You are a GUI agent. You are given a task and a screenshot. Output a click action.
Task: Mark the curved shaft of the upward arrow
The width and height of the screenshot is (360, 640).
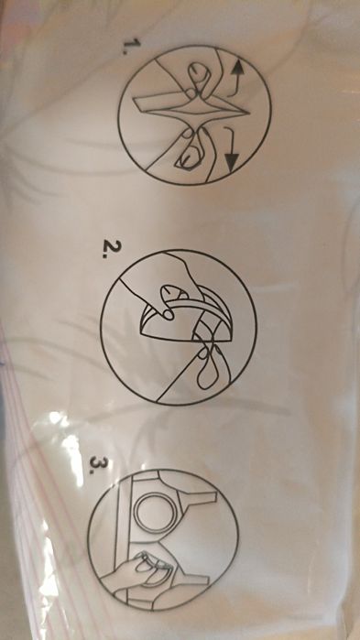pyautogui.click(x=234, y=88)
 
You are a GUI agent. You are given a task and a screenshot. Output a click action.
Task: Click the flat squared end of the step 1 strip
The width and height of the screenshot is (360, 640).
pyautogui.click(x=137, y=103)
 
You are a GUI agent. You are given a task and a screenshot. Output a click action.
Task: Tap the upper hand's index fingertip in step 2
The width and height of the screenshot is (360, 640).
pyautogui.click(x=167, y=313)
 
